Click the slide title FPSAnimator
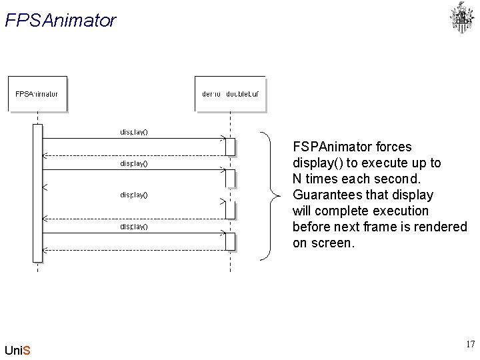coord(60,21)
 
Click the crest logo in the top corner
coord(461,18)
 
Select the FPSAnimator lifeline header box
coord(37,94)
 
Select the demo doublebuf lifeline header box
coord(230,94)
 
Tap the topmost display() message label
coord(134,131)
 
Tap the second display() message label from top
coord(134,163)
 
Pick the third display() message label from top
coord(134,195)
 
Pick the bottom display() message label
coord(134,227)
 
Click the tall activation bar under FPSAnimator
coord(37,193)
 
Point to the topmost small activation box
coord(230,147)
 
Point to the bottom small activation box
coord(230,241)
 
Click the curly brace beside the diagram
coord(269,195)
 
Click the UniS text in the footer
coord(17,350)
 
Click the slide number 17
coord(470,345)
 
